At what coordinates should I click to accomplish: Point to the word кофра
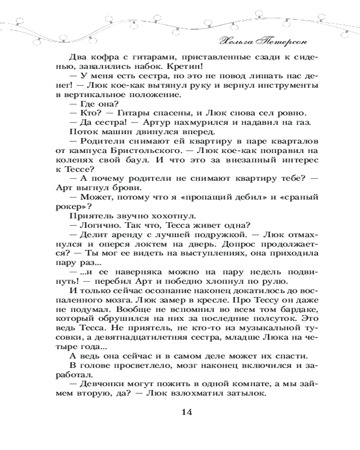[x=103, y=56]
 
